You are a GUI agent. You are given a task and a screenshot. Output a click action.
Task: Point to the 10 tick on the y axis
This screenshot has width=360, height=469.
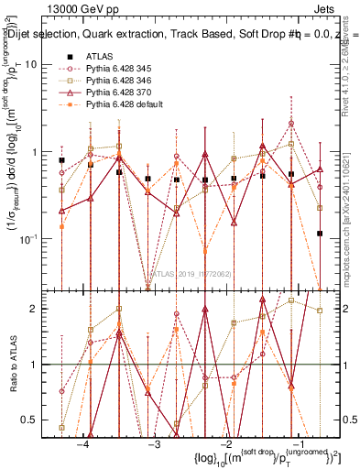pos(41,65)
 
